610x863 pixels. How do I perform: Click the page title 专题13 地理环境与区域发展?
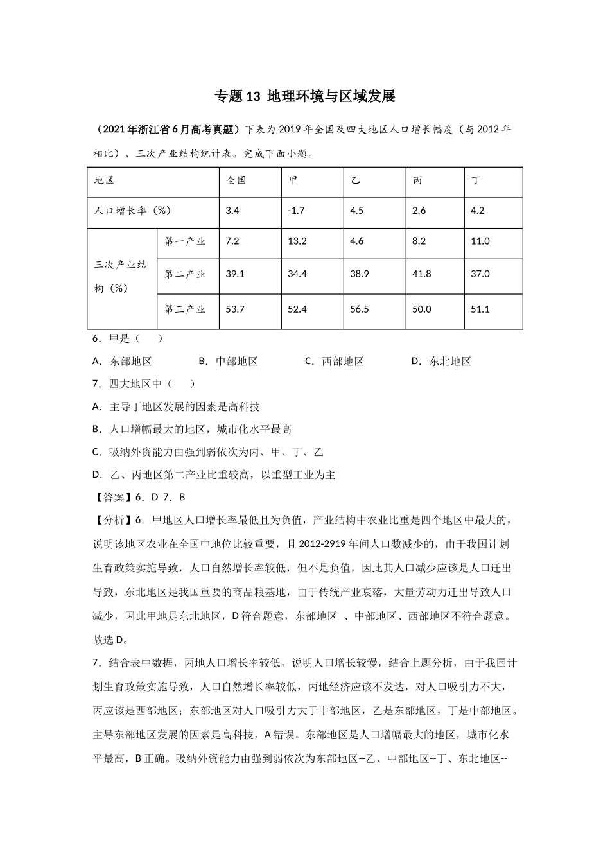[304, 96]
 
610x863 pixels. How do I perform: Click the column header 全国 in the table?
[236, 180]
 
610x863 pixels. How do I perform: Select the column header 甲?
[293, 180]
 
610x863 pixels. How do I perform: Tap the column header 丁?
[476, 180]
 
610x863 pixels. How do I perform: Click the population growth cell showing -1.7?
[296, 211]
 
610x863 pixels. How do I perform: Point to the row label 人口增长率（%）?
[132, 211]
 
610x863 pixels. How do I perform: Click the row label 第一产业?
[185, 241]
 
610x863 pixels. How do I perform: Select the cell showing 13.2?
[297, 241]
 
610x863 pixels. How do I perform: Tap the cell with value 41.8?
[421, 274]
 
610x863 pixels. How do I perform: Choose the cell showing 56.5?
[360, 309]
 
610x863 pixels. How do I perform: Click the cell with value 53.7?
[235, 309]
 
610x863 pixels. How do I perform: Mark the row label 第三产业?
[185, 309]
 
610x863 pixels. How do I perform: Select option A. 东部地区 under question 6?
[123, 362]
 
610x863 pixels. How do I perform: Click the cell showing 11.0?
[480, 241]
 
